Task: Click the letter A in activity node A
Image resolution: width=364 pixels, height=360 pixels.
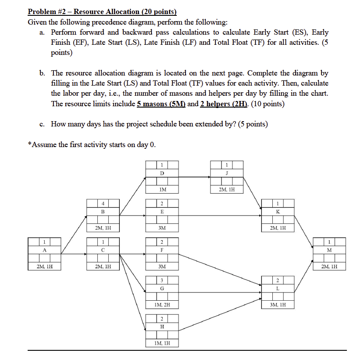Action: click(x=44, y=250)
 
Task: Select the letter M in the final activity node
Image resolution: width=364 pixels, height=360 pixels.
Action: click(x=329, y=250)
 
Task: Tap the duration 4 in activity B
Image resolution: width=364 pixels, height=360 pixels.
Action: click(x=103, y=203)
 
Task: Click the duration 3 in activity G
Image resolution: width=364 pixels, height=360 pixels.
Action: click(x=161, y=280)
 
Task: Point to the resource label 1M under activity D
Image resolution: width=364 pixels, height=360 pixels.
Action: click(x=162, y=190)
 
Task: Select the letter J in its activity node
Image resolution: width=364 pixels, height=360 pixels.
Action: click(x=227, y=173)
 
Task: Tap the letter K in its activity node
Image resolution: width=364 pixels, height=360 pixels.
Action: click(x=278, y=211)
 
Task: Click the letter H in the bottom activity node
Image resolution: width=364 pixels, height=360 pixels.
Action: click(x=162, y=327)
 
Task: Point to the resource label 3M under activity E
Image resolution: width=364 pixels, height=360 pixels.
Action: click(x=162, y=228)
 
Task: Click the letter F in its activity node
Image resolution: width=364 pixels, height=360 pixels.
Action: click(x=162, y=250)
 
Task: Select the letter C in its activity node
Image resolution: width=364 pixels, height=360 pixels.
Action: click(x=103, y=250)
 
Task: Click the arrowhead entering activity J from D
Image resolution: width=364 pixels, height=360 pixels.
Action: click(x=209, y=177)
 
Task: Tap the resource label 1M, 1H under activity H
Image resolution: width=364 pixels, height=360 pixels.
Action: click(x=162, y=343)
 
